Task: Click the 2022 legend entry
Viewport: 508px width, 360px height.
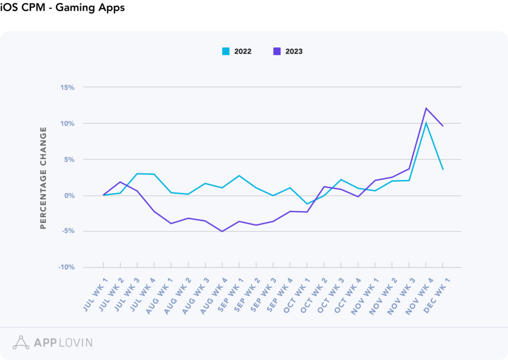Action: click(237, 51)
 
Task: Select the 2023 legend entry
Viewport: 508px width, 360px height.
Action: click(288, 51)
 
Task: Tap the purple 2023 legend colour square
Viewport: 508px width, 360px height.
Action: click(277, 51)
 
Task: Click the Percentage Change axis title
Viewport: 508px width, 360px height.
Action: click(43, 178)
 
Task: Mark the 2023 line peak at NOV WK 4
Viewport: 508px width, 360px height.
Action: click(426, 108)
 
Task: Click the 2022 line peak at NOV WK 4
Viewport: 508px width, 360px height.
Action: click(426, 123)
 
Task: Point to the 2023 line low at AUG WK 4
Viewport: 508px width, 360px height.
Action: click(222, 231)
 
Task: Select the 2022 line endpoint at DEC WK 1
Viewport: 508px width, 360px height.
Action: click(443, 170)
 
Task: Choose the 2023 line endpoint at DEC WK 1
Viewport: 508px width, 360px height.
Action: click(443, 126)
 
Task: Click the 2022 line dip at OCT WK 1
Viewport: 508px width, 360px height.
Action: click(307, 204)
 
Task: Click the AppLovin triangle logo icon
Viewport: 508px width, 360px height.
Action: click(21, 343)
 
